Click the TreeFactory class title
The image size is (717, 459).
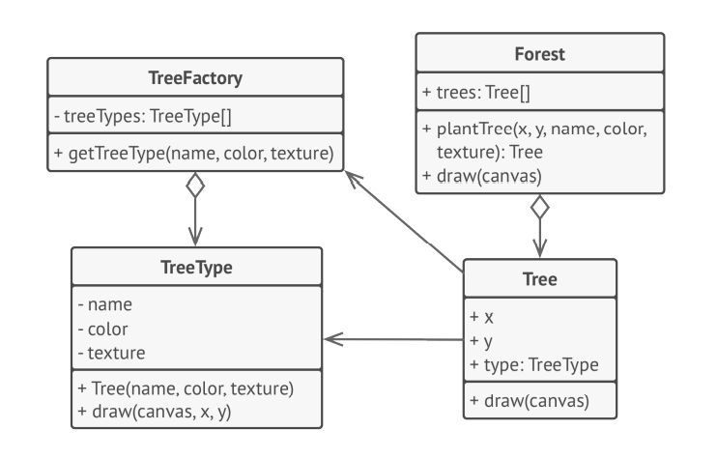(x=195, y=77)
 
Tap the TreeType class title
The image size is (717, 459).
(x=195, y=266)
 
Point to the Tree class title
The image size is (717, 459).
(x=540, y=279)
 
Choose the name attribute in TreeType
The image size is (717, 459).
(x=109, y=303)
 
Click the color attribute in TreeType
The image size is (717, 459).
(x=108, y=329)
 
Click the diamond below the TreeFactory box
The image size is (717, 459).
(x=195, y=185)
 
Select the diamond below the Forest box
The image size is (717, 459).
(x=540, y=207)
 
